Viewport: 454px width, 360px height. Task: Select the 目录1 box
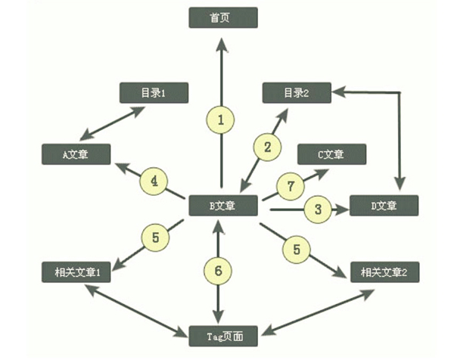[154, 92]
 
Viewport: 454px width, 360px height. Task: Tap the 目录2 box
[296, 92]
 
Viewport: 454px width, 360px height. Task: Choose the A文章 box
[76, 154]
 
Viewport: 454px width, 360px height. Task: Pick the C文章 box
[331, 154]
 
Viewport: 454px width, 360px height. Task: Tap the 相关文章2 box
[384, 271]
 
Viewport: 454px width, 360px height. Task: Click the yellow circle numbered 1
[221, 119]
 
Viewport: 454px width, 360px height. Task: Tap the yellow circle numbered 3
[318, 208]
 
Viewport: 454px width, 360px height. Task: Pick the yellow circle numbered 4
[154, 182]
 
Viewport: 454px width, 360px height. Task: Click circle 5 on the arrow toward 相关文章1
[155, 237]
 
